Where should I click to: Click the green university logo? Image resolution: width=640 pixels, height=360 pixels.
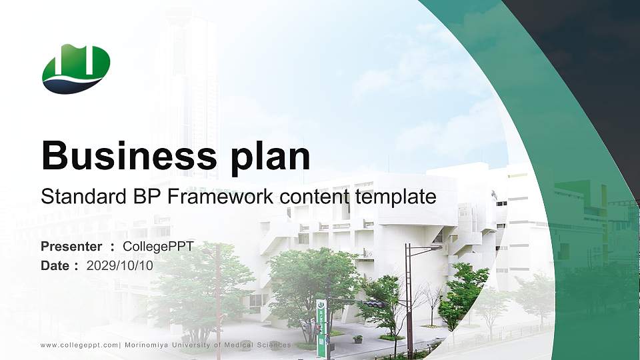click(76, 68)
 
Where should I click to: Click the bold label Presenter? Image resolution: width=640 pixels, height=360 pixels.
click(71, 247)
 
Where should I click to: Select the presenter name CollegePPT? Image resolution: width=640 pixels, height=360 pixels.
click(159, 247)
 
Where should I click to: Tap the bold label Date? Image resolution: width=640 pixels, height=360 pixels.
click(55, 265)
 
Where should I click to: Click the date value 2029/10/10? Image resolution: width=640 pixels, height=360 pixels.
click(120, 265)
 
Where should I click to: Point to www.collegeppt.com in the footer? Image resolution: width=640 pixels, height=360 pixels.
click(79, 345)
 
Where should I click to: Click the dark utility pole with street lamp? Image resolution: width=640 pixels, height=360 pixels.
click(408, 300)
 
